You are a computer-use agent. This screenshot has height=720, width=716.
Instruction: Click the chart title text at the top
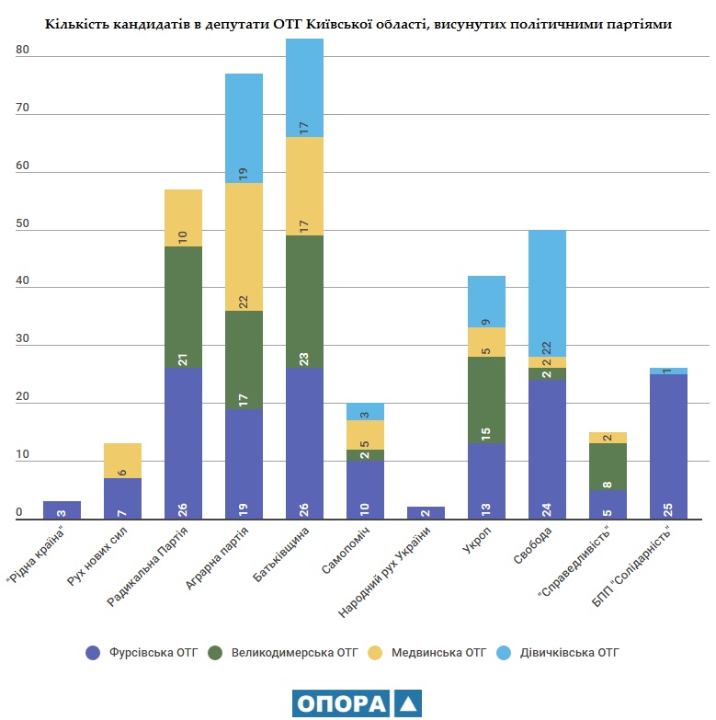click(x=358, y=25)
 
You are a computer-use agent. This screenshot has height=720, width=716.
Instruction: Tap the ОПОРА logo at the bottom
click(x=358, y=703)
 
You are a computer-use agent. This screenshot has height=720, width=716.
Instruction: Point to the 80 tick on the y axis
click(x=23, y=51)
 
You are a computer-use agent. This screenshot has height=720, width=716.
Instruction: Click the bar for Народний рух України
click(x=426, y=514)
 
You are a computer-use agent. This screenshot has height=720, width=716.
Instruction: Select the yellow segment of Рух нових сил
click(x=122, y=461)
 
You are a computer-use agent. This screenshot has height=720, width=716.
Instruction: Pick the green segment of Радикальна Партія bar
click(x=183, y=307)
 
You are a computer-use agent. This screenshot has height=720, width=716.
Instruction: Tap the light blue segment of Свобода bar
click(x=547, y=292)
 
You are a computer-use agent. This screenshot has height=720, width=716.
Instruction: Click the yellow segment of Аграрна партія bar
click(x=244, y=246)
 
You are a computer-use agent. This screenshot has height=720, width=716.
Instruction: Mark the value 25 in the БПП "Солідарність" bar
click(x=668, y=511)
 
